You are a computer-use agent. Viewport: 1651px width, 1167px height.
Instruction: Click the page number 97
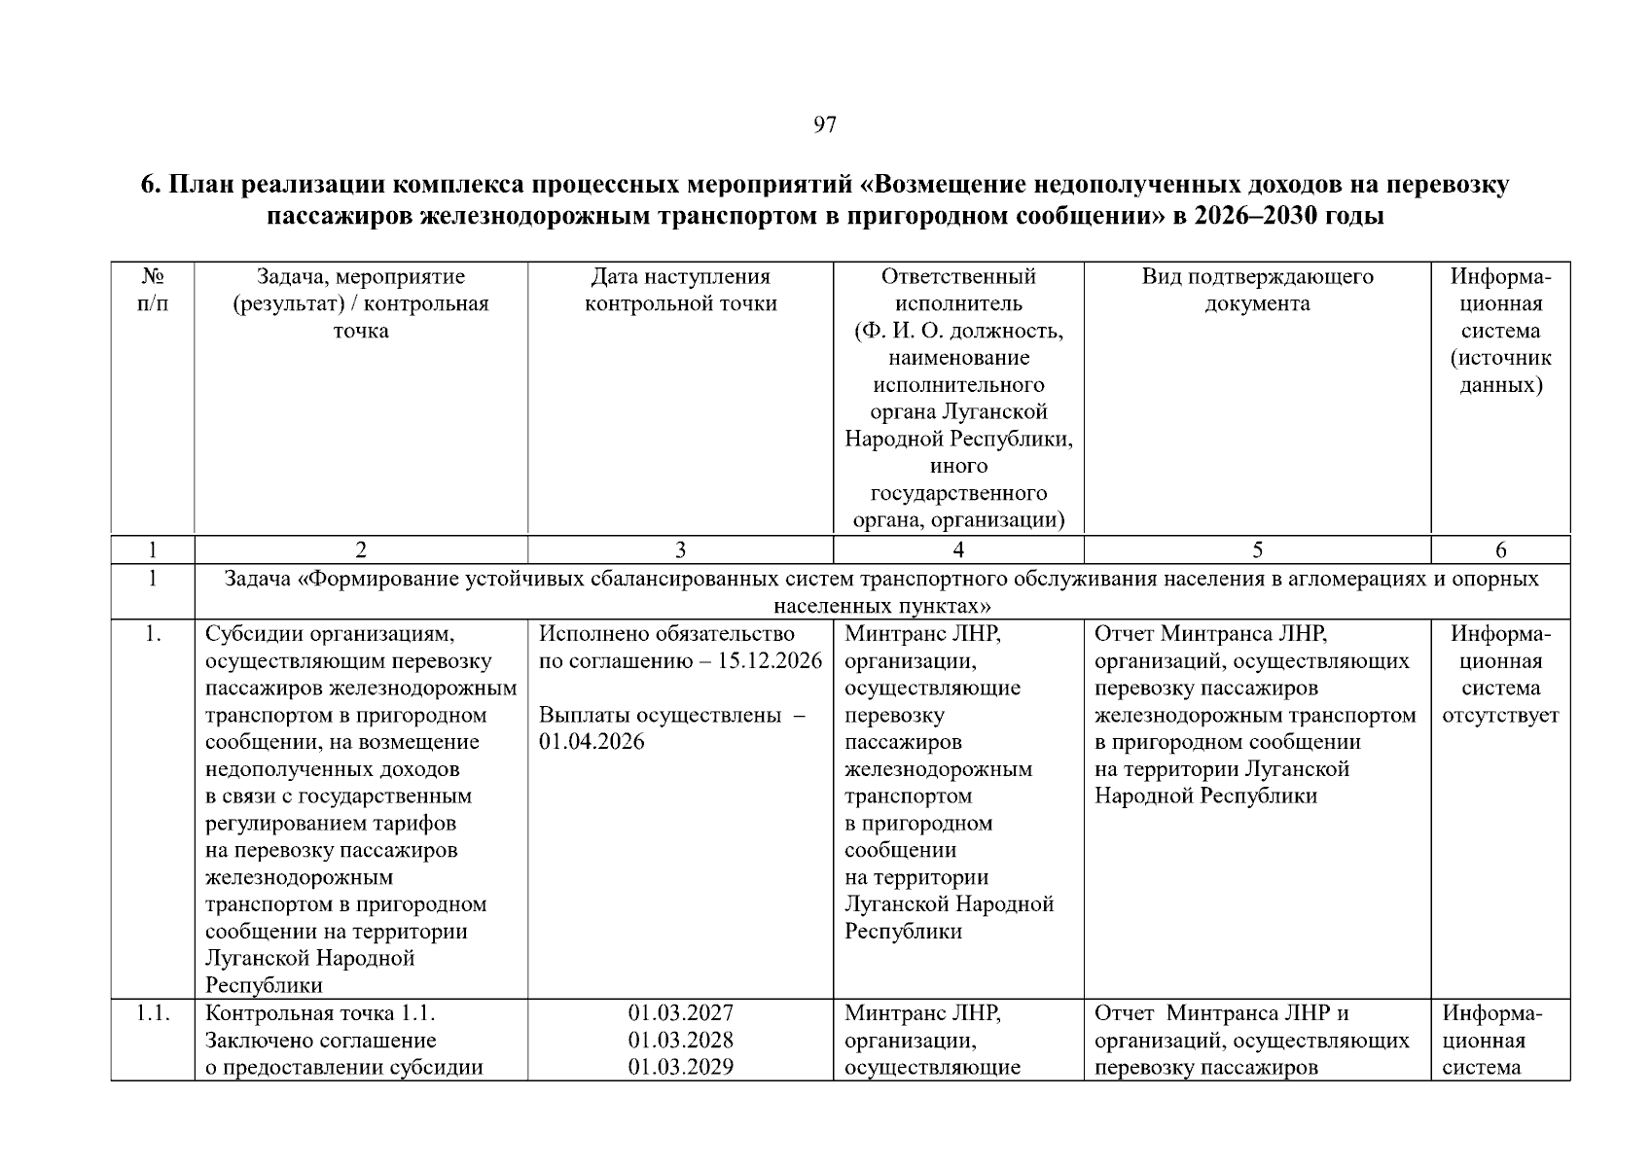click(x=824, y=124)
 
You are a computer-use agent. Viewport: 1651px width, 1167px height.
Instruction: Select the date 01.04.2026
click(x=591, y=742)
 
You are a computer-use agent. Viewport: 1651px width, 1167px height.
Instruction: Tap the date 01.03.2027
click(x=680, y=1013)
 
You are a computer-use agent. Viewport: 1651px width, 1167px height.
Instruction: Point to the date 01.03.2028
click(x=680, y=1041)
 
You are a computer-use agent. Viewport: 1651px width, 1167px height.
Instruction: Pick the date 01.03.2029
click(x=680, y=1067)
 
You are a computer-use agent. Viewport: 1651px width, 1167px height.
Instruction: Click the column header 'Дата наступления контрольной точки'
click(x=680, y=290)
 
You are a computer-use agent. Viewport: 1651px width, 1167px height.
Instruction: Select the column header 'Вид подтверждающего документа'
click(x=1256, y=290)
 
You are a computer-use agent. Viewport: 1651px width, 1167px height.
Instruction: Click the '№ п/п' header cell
click(x=153, y=290)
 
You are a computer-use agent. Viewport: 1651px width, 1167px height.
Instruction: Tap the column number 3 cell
click(x=680, y=550)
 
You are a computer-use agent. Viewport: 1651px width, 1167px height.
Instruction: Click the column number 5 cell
click(x=1256, y=550)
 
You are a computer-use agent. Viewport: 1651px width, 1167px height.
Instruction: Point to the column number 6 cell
click(x=1499, y=550)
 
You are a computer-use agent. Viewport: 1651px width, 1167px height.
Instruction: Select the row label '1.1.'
click(x=153, y=1013)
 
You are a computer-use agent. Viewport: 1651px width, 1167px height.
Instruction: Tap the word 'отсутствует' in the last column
click(x=1499, y=716)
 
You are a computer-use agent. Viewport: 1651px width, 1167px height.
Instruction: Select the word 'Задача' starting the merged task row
click(x=257, y=580)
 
